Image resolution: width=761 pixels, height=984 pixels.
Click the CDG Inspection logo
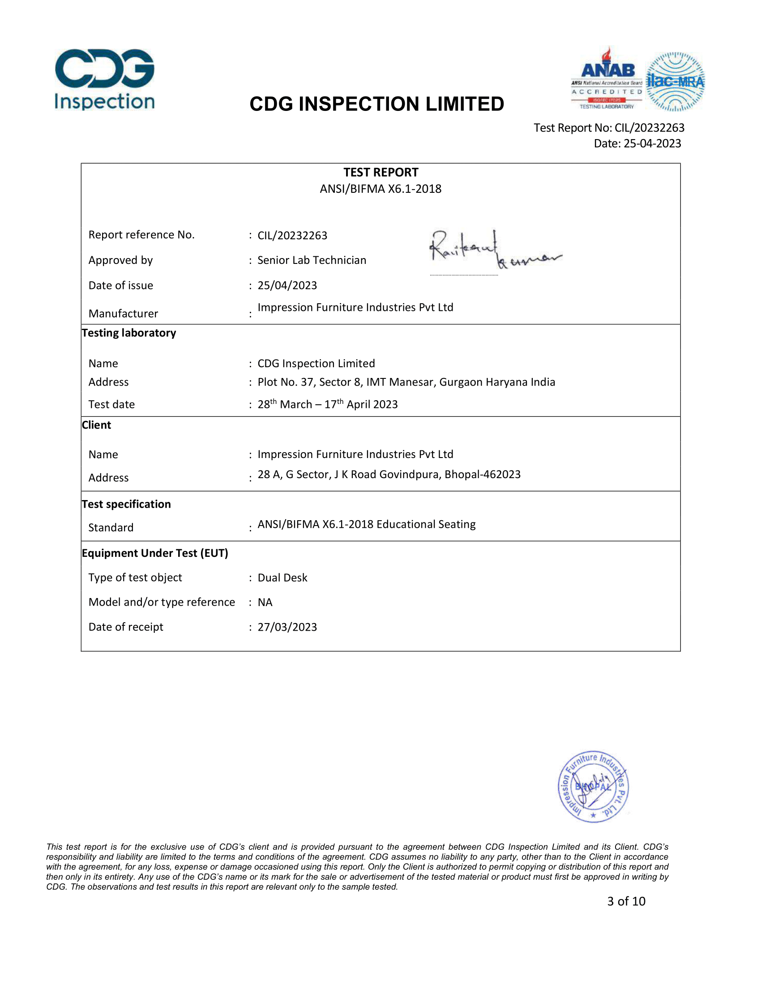click(105, 80)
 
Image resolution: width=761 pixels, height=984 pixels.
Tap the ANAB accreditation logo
click(607, 79)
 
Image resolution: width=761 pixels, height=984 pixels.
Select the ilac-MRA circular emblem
click(675, 81)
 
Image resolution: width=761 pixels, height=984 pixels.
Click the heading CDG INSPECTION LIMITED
click(376, 104)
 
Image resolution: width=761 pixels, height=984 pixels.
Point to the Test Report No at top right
click(609, 128)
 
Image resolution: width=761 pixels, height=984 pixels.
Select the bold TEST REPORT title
click(380, 172)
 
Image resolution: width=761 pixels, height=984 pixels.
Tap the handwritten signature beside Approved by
click(494, 250)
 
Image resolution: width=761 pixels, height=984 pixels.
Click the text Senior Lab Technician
click(312, 260)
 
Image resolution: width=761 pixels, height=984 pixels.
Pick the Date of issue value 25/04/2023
click(287, 286)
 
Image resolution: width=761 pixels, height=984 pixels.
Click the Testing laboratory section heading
click(129, 333)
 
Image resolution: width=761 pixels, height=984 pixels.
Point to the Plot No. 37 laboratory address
click(406, 382)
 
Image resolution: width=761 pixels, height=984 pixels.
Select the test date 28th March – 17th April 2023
click(327, 404)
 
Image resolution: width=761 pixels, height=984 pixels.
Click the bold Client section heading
click(97, 425)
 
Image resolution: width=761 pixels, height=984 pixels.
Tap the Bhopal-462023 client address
click(389, 475)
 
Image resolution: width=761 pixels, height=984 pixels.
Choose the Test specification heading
click(126, 504)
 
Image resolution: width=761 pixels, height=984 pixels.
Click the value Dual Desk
click(282, 577)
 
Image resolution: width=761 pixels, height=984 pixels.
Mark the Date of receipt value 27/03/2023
click(287, 627)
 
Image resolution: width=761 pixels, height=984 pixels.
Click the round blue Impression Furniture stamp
click(593, 787)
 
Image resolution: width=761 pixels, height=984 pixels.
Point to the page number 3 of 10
click(626, 901)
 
